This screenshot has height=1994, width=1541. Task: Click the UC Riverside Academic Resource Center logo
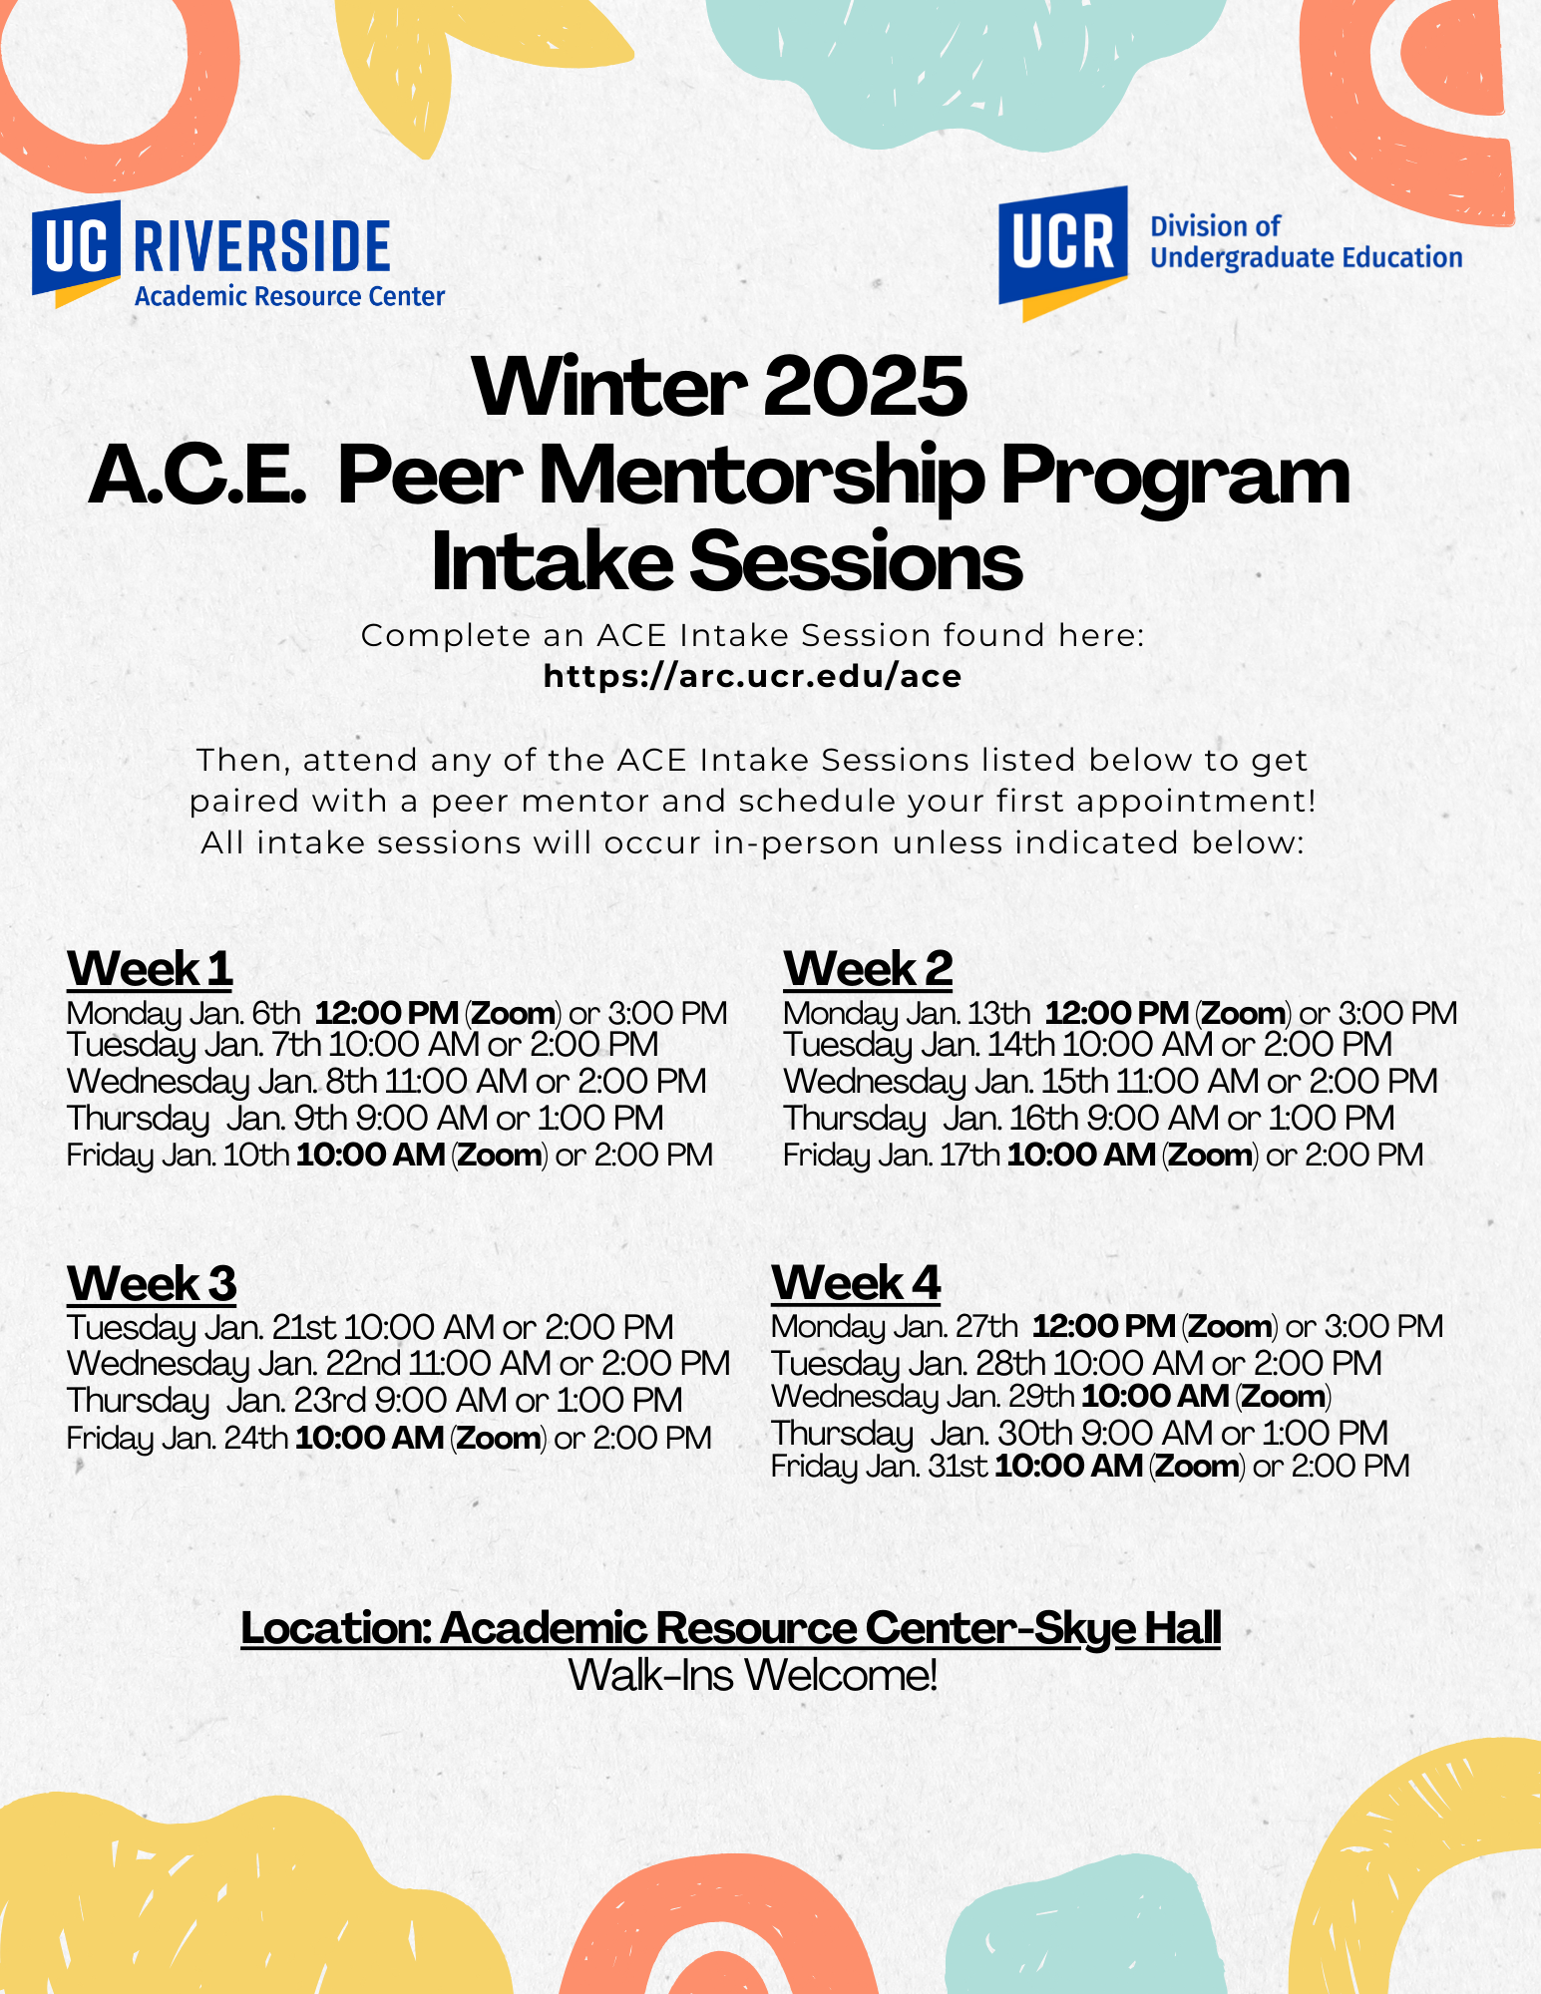click(x=237, y=256)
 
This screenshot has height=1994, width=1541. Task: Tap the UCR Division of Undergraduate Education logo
click(x=1229, y=251)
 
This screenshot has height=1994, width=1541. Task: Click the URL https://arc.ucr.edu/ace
click(x=752, y=677)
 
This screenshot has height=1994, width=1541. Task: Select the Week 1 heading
click(x=150, y=969)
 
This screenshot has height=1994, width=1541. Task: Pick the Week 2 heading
click(x=868, y=969)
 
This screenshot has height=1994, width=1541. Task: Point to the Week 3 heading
click(x=152, y=1283)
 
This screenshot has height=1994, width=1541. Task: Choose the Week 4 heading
click(x=856, y=1283)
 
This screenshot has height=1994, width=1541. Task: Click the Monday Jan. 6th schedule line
click(x=396, y=1014)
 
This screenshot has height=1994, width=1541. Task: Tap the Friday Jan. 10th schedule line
click(x=389, y=1156)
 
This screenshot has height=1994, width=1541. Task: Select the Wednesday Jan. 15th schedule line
click(x=1109, y=1082)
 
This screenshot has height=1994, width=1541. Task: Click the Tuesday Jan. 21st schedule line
click(x=370, y=1328)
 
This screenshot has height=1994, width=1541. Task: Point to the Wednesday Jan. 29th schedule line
click(x=1051, y=1397)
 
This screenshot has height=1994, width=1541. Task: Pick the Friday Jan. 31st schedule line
click(x=1090, y=1467)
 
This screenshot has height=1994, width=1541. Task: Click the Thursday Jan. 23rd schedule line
click(x=374, y=1401)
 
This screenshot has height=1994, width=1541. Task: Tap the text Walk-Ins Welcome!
click(x=752, y=1676)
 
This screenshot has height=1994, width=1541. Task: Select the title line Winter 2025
click(x=720, y=387)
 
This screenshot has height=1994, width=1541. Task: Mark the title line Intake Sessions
click(x=726, y=561)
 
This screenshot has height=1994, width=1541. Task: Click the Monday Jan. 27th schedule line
click(x=1106, y=1327)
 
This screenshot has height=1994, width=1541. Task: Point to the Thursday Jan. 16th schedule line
click(x=1088, y=1119)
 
